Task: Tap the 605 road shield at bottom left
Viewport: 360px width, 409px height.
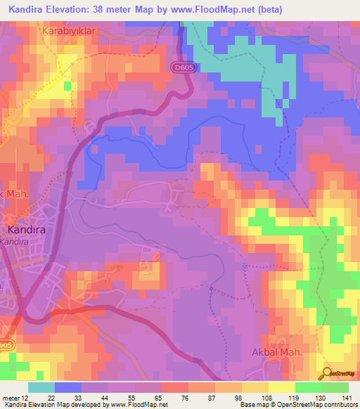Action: (x=6, y=345)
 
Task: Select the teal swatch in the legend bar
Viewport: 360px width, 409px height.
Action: (x=41, y=387)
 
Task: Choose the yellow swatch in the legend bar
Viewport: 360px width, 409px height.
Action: (x=281, y=387)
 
